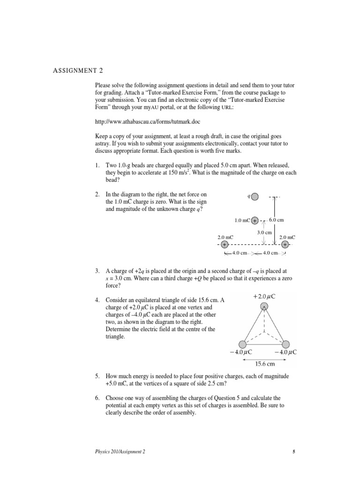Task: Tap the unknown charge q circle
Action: (x=255, y=196)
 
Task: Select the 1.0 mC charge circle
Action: (x=254, y=220)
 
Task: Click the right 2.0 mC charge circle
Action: (x=285, y=245)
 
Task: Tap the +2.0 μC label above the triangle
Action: (x=264, y=297)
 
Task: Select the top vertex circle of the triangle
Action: (x=264, y=307)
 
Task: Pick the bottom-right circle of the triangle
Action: (x=287, y=344)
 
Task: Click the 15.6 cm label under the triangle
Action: (x=264, y=363)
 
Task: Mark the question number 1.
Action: (x=97, y=166)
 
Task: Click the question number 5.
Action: (x=97, y=376)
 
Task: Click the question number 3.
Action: (x=97, y=271)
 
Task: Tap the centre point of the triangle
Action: (x=264, y=330)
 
